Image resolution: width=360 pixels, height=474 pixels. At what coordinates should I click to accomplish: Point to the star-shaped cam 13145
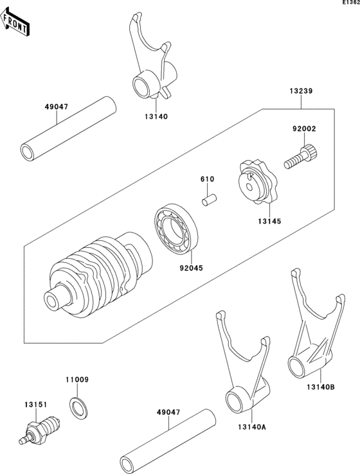[x=254, y=184]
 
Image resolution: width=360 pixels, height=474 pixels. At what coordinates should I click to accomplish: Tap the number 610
[x=206, y=179]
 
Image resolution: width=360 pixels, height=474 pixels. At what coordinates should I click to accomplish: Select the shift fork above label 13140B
[x=312, y=328]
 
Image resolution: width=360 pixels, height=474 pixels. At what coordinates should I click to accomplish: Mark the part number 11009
[x=76, y=380]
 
